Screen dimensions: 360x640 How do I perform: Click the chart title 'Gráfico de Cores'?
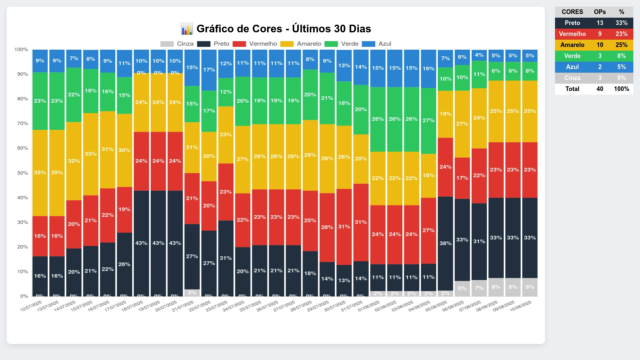click(283, 29)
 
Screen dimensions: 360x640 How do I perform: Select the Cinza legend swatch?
click(167, 44)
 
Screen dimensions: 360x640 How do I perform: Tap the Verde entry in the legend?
click(349, 44)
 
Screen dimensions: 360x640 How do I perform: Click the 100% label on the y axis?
click(21, 50)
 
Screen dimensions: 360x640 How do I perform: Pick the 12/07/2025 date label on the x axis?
click(31, 306)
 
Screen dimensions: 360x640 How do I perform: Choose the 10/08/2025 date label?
click(521, 306)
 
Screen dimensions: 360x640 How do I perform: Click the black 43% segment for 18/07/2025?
click(141, 243)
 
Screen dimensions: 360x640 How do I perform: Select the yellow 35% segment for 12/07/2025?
click(40, 173)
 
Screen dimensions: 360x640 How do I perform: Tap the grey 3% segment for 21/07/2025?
click(192, 293)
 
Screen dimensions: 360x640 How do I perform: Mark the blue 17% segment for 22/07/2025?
click(209, 70)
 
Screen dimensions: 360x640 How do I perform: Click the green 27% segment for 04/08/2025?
click(428, 121)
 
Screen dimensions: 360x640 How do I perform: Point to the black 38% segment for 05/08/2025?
click(445, 243)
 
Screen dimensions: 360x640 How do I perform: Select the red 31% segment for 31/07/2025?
click(361, 222)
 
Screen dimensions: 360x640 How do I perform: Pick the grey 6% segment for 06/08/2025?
click(462, 288)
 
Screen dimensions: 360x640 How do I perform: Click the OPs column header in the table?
click(600, 12)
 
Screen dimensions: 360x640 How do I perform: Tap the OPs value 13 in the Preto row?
click(600, 23)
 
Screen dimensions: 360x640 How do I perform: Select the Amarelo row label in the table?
click(572, 45)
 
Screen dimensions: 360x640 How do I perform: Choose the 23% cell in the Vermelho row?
click(621, 34)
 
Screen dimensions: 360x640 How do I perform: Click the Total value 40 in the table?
click(600, 89)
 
